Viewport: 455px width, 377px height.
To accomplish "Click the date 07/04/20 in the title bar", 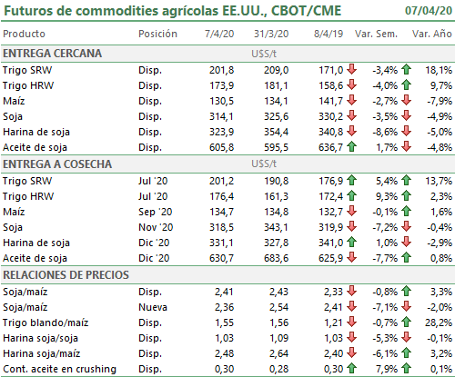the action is pyautogui.click(x=429, y=11).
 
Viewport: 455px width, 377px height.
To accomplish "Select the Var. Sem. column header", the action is pyautogui.click(x=376, y=34).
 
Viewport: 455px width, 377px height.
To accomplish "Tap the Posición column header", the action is pyautogui.click(x=157, y=34).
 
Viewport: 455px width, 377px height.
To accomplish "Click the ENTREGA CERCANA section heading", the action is pyautogui.click(x=52, y=54).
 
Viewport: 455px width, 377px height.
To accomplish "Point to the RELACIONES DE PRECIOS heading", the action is pyautogui.click(x=66, y=275).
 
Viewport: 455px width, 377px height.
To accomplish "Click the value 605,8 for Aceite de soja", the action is pyautogui.click(x=221, y=147).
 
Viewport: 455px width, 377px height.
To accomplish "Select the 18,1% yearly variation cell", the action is pyautogui.click(x=439, y=70).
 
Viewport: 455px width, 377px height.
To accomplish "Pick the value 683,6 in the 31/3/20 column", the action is pyautogui.click(x=276, y=258).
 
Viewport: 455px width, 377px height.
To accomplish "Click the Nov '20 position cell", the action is pyautogui.click(x=156, y=227).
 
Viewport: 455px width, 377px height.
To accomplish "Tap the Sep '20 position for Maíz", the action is pyautogui.click(x=156, y=212).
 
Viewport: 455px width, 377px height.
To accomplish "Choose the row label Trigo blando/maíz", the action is pyautogui.click(x=45, y=322).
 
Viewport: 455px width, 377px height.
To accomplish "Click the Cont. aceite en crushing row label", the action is pyautogui.click(x=59, y=369).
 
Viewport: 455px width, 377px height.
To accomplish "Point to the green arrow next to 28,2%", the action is pyautogui.click(x=407, y=322).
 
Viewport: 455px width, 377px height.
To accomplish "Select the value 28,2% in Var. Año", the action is pyautogui.click(x=439, y=322).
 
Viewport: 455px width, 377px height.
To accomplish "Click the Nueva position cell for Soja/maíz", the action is pyautogui.click(x=153, y=307).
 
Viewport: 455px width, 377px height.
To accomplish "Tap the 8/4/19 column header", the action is pyautogui.click(x=329, y=34).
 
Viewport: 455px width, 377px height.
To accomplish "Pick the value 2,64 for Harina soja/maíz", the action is pyautogui.click(x=278, y=353).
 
